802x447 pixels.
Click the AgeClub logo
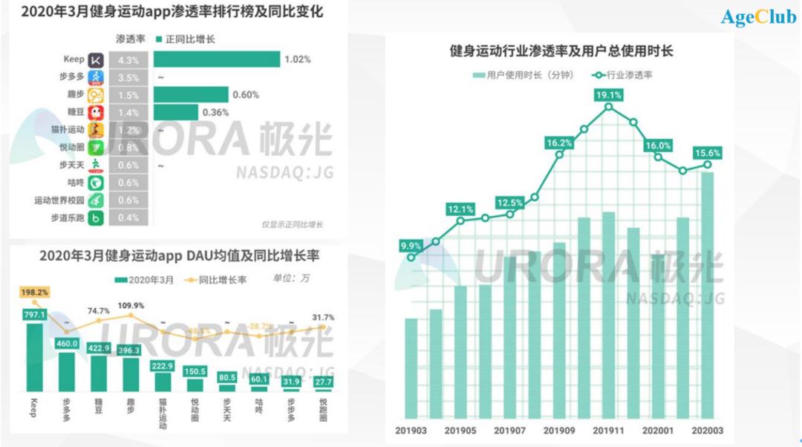click(x=757, y=17)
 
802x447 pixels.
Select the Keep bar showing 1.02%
click(x=217, y=59)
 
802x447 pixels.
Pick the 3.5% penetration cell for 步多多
click(x=128, y=76)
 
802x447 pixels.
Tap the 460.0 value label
click(x=67, y=343)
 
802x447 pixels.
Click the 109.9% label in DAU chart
click(x=132, y=305)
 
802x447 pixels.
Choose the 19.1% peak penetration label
click(x=608, y=94)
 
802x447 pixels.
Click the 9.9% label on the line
click(x=411, y=245)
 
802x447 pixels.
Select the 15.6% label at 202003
click(x=707, y=152)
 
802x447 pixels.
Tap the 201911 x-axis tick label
click(x=608, y=430)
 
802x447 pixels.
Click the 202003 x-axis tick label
click(x=707, y=430)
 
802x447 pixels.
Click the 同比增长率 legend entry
click(x=221, y=279)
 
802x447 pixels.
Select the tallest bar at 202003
click(x=707, y=297)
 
